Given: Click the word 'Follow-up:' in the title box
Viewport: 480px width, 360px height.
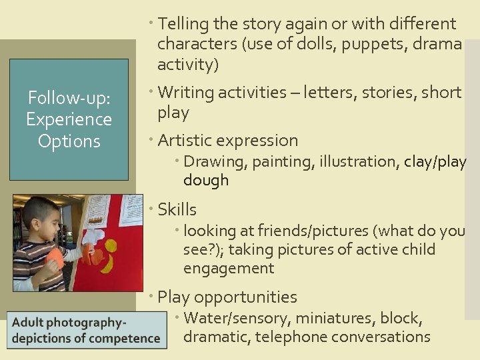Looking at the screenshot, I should (69, 98).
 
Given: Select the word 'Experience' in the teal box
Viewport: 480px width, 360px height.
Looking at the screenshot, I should (69, 119).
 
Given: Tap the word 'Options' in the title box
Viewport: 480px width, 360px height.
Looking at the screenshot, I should (69, 141).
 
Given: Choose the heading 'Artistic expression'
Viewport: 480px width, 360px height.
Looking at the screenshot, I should (227, 140).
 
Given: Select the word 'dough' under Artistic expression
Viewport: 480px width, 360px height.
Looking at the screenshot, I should (206, 180).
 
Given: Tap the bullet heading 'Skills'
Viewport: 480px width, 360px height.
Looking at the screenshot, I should (177, 209).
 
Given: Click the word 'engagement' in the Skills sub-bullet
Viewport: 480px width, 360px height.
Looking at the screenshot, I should (229, 268).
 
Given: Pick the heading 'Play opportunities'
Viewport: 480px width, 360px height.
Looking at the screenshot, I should (227, 297).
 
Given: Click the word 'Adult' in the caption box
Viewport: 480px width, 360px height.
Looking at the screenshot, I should (29, 323).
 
